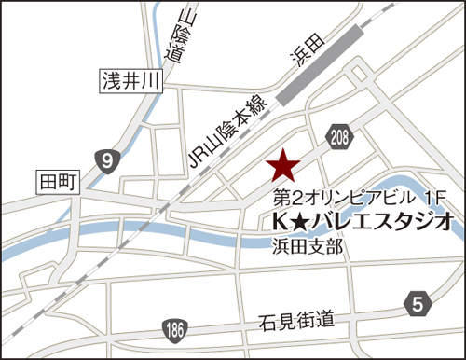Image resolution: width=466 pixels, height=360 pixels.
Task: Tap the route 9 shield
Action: click(x=110, y=161)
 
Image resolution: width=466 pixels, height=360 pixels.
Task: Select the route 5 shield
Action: click(x=418, y=302)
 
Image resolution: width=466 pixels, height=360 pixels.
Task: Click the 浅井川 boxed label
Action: click(x=131, y=83)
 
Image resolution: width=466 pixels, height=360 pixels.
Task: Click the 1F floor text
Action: click(x=435, y=198)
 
